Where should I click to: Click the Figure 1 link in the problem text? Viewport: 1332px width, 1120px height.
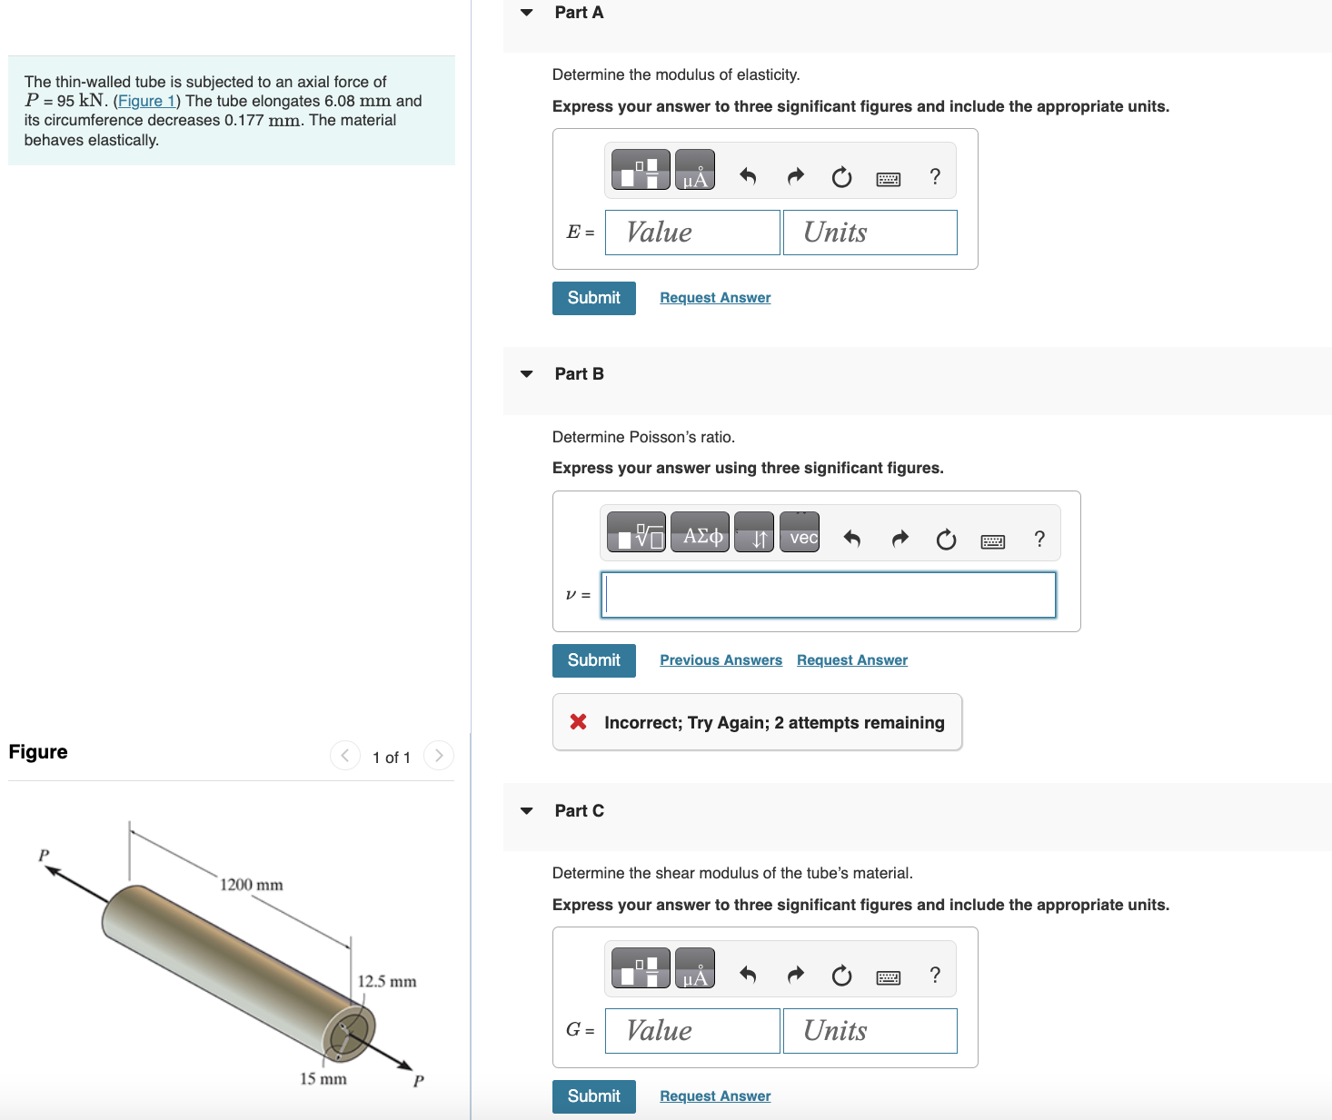146,101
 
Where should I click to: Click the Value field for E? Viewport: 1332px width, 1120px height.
692,233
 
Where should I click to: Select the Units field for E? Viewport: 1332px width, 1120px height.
870,233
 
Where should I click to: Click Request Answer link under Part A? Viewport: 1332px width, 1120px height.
715,298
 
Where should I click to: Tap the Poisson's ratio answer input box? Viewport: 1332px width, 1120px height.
828,595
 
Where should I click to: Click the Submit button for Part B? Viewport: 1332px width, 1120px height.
593,660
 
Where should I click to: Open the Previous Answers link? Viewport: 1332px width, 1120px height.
721,660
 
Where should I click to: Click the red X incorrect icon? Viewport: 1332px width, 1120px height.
578,722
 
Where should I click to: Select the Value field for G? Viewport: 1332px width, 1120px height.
692,1031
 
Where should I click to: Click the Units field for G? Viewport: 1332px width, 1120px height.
870,1031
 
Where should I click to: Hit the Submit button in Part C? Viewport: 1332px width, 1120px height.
593,1096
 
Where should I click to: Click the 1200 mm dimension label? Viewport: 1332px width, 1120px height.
252,885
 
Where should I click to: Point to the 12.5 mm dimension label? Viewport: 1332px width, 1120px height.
387,982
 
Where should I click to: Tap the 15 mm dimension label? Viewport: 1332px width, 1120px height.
323,1079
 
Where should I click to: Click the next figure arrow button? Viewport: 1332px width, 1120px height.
439,756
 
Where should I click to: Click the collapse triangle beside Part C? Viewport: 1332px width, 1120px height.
527,811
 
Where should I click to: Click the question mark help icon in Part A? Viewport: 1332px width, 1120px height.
935,176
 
